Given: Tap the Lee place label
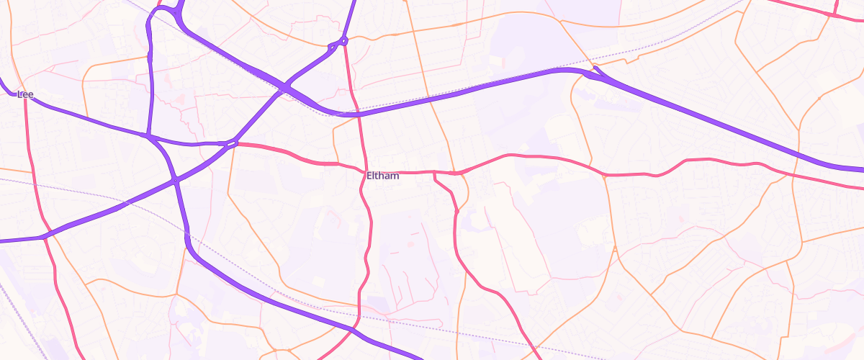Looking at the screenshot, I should [x=26, y=94].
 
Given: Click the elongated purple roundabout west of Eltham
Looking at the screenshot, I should [x=231, y=144].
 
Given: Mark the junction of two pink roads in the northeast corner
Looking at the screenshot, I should [x=834, y=14].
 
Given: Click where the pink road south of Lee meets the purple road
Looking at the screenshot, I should [x=45, y=235].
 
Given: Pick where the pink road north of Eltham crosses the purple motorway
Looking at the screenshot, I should [x=358, y=114].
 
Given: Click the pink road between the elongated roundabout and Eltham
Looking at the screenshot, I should [x=288, y=155].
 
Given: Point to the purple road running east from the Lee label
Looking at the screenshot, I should [x=86, y=119].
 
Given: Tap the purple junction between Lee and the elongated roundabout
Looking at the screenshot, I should [x=148, y=135].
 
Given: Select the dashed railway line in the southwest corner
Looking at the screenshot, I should [x=18, y=317].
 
